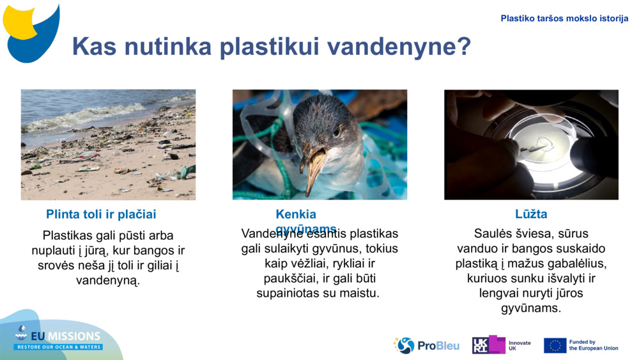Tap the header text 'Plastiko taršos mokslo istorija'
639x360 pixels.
click(x=564, y=19)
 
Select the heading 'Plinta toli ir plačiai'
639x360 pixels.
click(x=101, y=214)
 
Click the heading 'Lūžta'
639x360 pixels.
click(x=531, y=214)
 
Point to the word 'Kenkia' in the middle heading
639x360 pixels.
click(x=296, y=214)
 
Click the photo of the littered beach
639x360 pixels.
click(x=108, y=145)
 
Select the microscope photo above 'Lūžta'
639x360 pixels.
click(x=531, y=145)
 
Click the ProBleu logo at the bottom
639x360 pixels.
click(x=426, y=345)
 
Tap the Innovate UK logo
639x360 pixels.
click(x=502, y=345)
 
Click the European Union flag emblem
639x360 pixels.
click(x=555, y=345)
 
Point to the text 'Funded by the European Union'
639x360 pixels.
click(x=593, y=345)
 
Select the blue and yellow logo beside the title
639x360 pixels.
click(x=32, y=32)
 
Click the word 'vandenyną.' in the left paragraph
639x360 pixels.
click(x=107, y=281)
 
